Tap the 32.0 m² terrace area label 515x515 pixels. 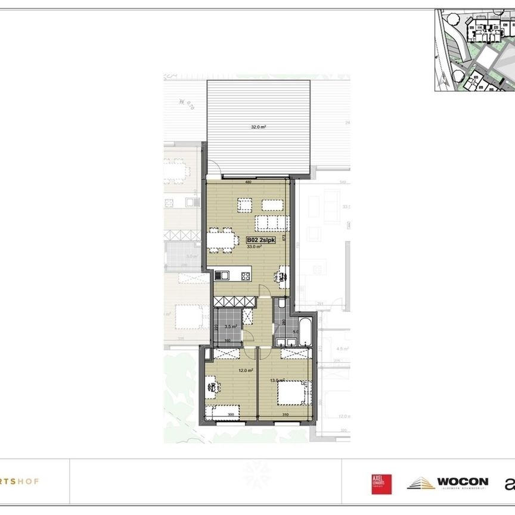[x=258, y=127]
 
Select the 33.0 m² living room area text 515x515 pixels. [x=255, y=246]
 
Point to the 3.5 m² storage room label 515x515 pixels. [x=231, y=327]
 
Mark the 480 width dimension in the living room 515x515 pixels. [x=248, y=183]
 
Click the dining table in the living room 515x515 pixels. [x=221, y=239]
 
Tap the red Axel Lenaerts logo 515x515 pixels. [x=381, y=484]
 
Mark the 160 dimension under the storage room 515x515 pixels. [x=227, y=341]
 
